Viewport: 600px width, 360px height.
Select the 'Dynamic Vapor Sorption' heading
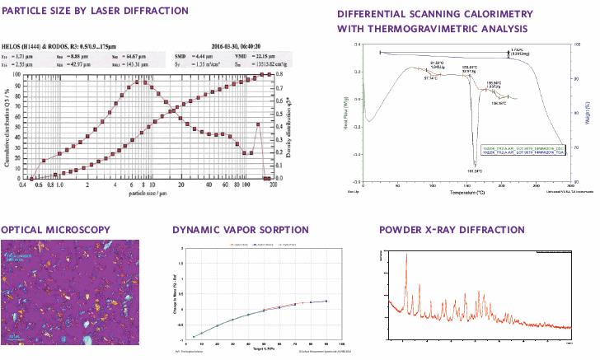pos(246,229)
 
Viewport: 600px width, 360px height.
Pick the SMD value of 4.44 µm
pos(180,55)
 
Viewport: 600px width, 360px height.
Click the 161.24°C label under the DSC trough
pos(475,171)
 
